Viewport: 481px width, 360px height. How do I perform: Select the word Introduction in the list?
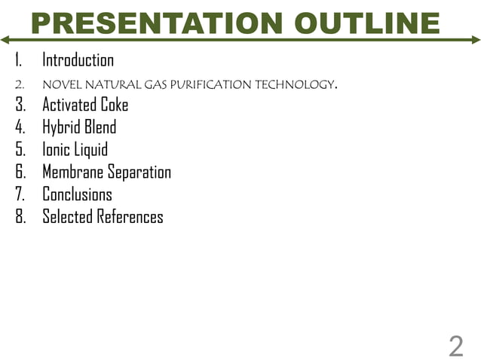[78, 60]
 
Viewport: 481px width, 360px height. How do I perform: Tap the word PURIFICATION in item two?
[198, 84]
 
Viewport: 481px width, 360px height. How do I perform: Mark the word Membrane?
[73, 172]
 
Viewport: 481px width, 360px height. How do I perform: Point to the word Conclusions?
[77, 195]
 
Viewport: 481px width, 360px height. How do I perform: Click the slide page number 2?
[455, 347]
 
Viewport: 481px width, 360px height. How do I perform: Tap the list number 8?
[20, 218]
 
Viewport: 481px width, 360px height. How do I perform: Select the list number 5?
[20, 150]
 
